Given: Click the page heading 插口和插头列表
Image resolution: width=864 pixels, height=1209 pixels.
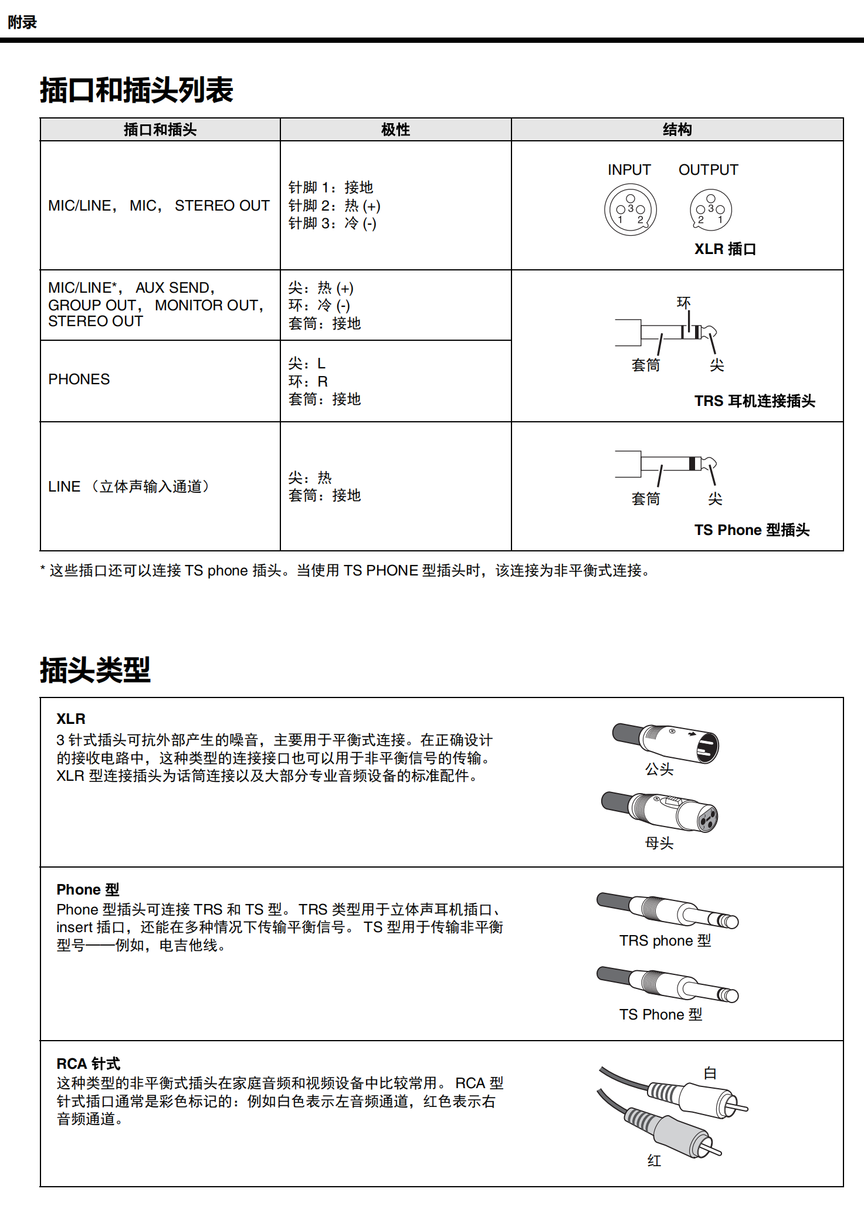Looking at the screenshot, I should (x=137, y=90).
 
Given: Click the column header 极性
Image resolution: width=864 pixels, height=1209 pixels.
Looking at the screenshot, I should (x=395, y=130).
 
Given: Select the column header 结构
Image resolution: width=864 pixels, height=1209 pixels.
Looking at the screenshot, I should (x=677, y=130).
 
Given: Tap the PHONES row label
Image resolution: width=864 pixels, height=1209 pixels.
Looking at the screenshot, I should (x=79, y=380).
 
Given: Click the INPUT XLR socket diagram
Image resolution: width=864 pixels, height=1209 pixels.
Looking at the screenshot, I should (x=630, y=209).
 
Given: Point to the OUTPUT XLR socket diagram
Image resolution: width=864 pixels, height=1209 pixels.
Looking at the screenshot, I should (x=711, y=209).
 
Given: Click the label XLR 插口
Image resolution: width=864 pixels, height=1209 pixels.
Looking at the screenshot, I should (x=725, y=249).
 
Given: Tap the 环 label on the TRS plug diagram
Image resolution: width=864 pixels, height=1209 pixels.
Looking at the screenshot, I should (x=683, y=303).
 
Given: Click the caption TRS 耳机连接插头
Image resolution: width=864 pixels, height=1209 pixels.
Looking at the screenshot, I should (x=754, y=401).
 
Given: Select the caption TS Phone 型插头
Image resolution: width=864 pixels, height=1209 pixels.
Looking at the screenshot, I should (x=751, y=530).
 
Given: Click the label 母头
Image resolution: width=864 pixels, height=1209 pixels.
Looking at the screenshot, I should (x=659, y=844).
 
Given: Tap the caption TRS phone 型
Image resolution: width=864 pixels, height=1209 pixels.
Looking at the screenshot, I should (x=665, y=941).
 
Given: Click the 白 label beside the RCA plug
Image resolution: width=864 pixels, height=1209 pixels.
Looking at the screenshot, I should (x=710, y=1073).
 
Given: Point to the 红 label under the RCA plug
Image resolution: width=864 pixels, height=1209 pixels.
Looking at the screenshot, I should (x=654, y=1160).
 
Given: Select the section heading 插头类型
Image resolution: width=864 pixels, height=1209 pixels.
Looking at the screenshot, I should (x=95, y=670).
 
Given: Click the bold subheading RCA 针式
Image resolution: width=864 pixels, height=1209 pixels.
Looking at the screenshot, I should (x=88, y=1064).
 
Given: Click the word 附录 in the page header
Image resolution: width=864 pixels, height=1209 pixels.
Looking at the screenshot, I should (x=22, y=22).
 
